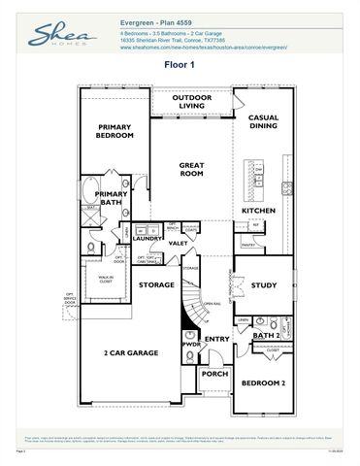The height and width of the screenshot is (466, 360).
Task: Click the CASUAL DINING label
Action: click(x=263, y=121)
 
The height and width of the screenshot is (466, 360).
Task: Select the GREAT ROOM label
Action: click(x=190, y=170)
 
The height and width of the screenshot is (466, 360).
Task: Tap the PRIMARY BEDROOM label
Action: click(x=115, y=133)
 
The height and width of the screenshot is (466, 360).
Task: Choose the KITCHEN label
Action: click(x=259, y=211)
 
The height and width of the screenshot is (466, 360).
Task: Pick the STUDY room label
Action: click(x=263, y=285)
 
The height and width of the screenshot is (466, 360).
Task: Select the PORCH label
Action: click(x=214, y=374)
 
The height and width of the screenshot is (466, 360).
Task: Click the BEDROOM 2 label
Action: click(x=263, y=383)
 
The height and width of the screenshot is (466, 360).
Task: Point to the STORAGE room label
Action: click(x=155, y=285)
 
